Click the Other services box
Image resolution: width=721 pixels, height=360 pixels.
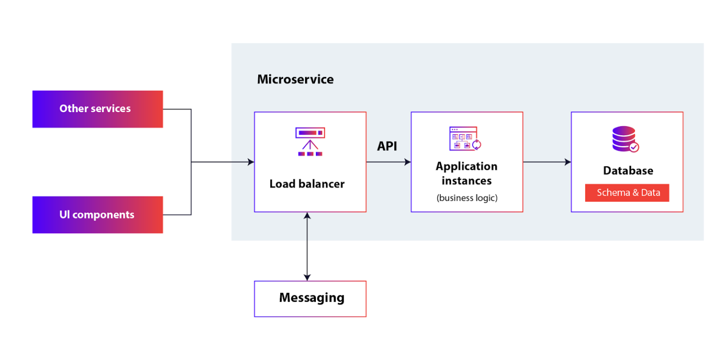pos(98,109)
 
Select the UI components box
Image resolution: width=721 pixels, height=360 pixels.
pos(98,214)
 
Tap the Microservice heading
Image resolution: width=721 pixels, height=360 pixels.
pos(295,79)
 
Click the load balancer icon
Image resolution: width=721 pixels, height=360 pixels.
pos(310,142)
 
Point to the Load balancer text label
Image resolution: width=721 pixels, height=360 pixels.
pos(307,184)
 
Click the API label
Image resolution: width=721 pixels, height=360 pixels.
pos(387,146)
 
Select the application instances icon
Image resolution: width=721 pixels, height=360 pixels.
pos(465,138)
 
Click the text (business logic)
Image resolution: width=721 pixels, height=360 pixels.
pos(467,198)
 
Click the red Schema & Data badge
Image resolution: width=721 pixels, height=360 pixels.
pos(627,193)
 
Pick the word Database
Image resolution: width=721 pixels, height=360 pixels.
pos(628,170)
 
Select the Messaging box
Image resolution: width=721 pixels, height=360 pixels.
pos(310,299)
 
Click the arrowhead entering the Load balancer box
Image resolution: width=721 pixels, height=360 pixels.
pos(251,162)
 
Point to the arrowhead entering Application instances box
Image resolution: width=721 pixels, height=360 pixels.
pos(407,162)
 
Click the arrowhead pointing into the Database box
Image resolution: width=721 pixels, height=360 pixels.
pos(568,162)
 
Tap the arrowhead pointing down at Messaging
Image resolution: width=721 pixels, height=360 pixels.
pos(307,277)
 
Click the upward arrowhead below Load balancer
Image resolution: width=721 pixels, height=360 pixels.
pos(307,215)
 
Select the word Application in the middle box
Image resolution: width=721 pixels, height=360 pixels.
pos(467,167)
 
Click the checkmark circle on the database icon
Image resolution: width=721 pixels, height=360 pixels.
pos(634,147)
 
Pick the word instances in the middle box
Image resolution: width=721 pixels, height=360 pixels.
pos(467,181)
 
